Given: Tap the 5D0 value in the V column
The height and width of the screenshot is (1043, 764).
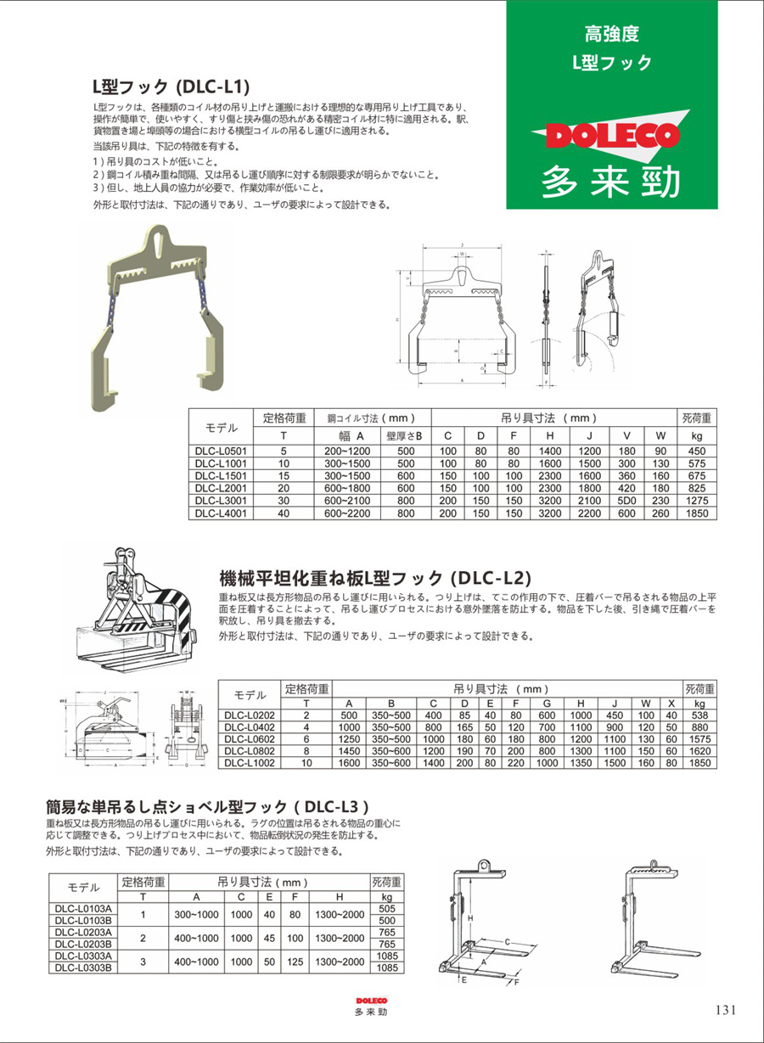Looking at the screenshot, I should point(626,501).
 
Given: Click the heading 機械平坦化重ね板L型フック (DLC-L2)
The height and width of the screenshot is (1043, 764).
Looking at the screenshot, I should point(375,578).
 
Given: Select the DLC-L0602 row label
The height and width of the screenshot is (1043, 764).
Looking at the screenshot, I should point(249,739).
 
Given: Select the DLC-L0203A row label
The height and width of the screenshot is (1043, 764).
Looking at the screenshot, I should point(83,932).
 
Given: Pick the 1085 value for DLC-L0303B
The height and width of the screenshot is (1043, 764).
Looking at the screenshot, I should point(387,967).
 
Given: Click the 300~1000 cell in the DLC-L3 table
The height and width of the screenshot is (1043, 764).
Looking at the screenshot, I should point(196,915).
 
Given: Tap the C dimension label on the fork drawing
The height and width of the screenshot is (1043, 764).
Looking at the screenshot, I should point(507,941).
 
